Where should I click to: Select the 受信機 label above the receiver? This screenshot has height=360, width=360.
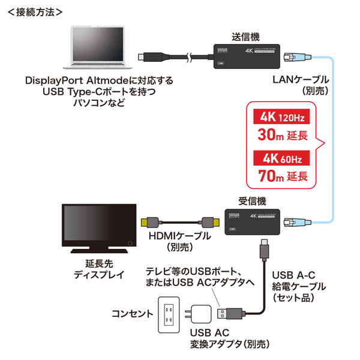(x=247, y=201)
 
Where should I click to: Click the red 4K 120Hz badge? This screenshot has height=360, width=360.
(x=282, y=116)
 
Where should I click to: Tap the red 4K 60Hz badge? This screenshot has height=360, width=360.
(x=282, y=158)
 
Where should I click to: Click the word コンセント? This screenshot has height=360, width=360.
(x=131, y=313)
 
